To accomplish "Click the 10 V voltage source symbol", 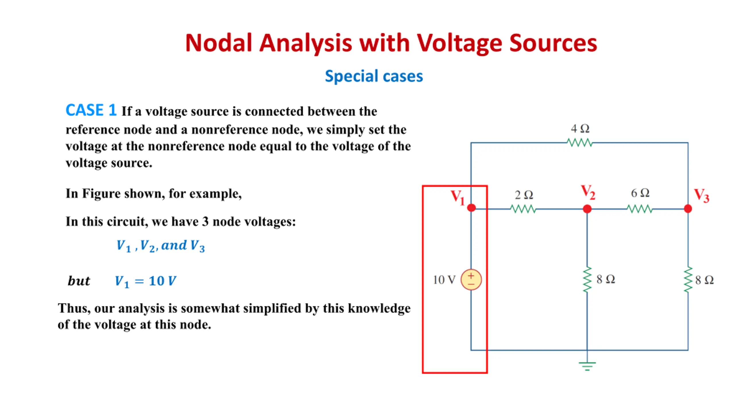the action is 471,279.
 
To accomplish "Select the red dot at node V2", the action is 587,209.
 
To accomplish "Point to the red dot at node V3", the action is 688,209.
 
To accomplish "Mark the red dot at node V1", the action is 471,208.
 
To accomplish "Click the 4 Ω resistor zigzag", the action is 580,143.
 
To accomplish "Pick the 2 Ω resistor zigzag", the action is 523,209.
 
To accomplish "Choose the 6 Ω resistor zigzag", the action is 640,209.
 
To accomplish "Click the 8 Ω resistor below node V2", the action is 587,279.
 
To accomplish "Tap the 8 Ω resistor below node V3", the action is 688,279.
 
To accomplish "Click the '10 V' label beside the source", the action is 444,280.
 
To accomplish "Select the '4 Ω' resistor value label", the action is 580,129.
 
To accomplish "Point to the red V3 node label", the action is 701,195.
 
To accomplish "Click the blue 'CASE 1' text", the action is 91,110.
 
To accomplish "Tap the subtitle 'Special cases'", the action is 374,76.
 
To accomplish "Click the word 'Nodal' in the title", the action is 218,43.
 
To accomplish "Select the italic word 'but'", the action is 79,281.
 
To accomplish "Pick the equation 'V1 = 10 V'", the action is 146,281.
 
